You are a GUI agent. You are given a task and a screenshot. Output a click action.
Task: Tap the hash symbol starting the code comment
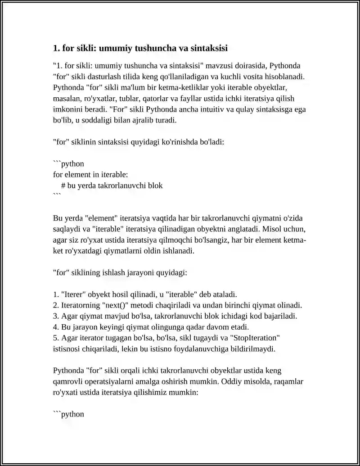pyautogui.click(x=63, y=185)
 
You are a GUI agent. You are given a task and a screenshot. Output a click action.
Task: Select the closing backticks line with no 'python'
pyautogui.click(x=57, y=196)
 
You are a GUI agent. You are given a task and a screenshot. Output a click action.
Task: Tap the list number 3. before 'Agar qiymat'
pyautogui.click(x=56, y=316)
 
